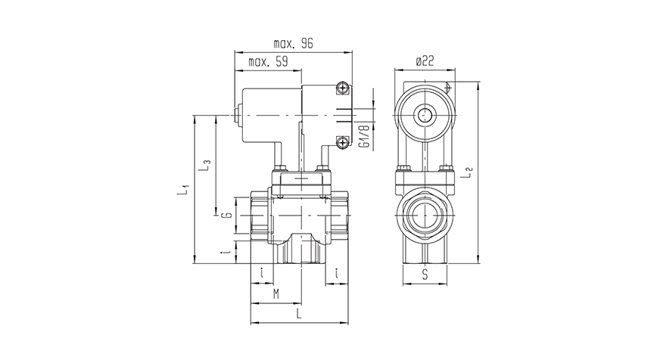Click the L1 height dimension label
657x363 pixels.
[182, 189]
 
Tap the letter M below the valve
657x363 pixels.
[276, 293]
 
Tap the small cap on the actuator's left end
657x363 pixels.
[238, 116]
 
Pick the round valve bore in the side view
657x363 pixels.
[425, 216]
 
